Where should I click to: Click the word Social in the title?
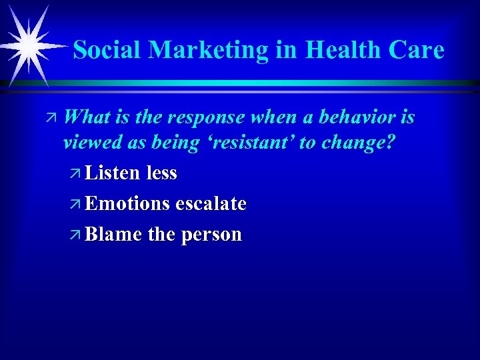(x=107, y=50)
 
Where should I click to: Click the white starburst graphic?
(x=29, y=45)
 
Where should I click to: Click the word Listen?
(x=113, y=173)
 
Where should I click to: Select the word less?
(x=161, y=173)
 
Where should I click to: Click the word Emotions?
(x=128, y=204)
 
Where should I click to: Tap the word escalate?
(x=211, y=204)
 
